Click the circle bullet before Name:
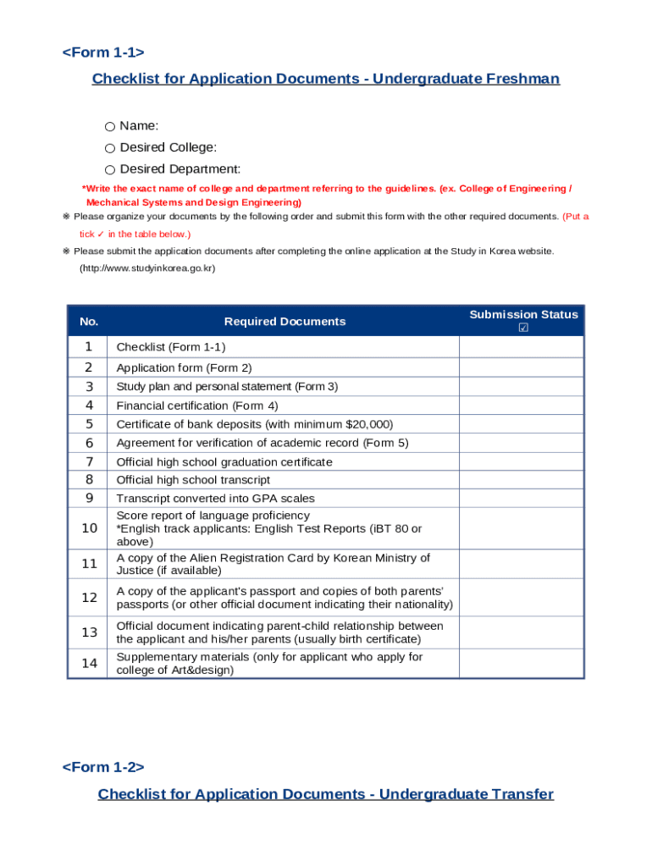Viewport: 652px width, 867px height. (x=110, y=126)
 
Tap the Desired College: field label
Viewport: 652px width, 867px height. (x=168, y=147)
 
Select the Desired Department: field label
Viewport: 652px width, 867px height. (x=180, y=169)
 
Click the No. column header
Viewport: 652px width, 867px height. (x=89, y=322)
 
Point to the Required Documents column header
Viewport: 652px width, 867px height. (x=285, y=322)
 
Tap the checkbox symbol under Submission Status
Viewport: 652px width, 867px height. (x=523, y=328)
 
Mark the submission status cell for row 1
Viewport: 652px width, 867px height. (x=521, y=347)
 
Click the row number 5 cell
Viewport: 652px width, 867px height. (x=89, y=424)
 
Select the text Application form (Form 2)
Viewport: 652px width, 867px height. (x=184, y=367)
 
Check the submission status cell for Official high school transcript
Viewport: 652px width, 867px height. (x=521, y=480)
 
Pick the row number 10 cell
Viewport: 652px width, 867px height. (x=89, y=528)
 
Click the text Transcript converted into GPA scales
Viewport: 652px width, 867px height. (x=215, y=499)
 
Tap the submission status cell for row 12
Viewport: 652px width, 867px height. (x=521, y=598)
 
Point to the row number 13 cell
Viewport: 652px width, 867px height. (x=89, y=632)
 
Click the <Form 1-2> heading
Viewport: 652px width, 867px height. (x=103, y=767)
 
